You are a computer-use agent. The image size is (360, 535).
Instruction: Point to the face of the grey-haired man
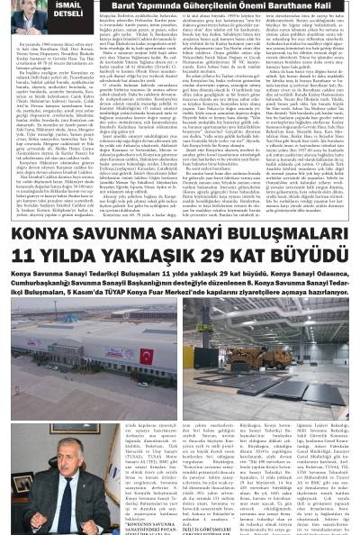73,463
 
